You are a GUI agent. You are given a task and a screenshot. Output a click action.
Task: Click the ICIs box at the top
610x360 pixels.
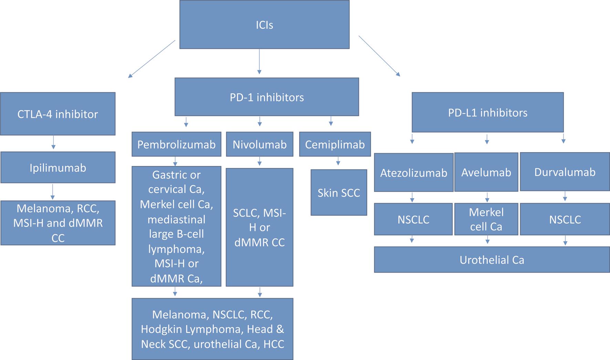point(264,24)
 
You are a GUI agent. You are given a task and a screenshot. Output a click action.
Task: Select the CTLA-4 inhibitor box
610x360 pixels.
point(58,114)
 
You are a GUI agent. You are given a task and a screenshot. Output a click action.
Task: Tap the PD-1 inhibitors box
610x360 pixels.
point(267,97)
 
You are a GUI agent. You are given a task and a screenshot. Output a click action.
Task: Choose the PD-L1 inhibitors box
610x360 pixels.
point(487,113)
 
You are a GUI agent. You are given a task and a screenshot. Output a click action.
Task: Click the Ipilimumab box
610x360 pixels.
point(58,168)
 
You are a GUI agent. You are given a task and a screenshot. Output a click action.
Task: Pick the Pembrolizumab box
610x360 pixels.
point(176,144)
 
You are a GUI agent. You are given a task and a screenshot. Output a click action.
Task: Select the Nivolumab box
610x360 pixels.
point(260,144)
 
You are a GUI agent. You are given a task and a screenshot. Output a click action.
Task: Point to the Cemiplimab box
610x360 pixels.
point(335,144)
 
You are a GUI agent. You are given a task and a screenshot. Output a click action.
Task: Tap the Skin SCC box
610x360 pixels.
point(339,193)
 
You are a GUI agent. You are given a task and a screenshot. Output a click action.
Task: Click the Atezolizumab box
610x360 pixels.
point(413,172)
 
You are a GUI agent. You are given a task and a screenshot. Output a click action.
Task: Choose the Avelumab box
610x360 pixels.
point(486,172)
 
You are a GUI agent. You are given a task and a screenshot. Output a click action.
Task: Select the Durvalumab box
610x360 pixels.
point(565,172)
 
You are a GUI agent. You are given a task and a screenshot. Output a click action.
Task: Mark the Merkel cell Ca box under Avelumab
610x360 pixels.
point(486,219)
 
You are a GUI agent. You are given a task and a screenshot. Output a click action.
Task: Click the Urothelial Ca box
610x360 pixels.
point(492,260)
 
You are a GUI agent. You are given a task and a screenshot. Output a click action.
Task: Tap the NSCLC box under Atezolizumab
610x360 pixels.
point(413,219)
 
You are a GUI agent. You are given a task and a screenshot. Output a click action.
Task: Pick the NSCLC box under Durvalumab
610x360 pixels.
point(565,219)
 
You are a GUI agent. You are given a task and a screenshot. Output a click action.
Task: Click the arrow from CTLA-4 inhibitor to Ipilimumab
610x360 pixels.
point(53,142)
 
